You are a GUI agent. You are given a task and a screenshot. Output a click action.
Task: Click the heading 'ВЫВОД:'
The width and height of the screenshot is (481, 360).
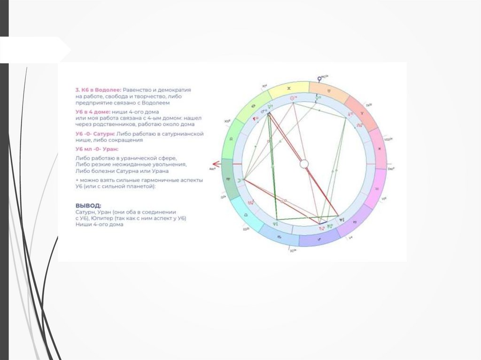click(x=88, y=206)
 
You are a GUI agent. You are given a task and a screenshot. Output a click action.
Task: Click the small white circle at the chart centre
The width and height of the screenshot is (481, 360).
click(x=304, y=164)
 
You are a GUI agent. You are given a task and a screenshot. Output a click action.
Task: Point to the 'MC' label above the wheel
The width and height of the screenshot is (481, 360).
click(x=323, y=75)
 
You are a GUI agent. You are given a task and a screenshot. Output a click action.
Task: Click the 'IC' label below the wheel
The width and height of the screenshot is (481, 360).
click(x=292, y=250)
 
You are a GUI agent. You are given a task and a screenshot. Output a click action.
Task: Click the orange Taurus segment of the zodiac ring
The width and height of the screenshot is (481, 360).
click(x=330, y=90)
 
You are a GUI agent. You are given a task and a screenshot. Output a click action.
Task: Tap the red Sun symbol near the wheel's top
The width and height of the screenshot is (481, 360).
click(x=292, y=98)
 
